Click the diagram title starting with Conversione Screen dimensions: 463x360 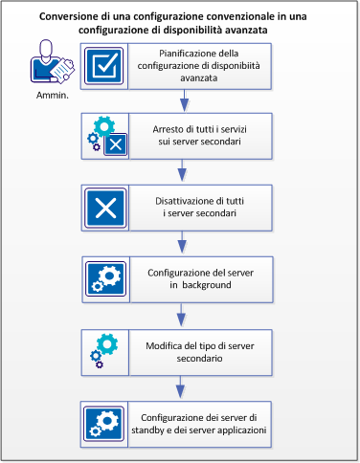pos(180,23)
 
